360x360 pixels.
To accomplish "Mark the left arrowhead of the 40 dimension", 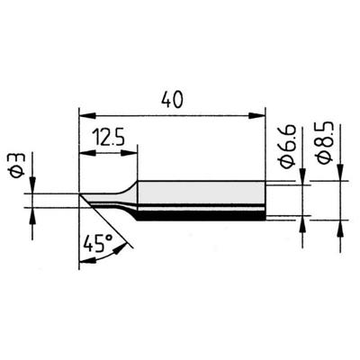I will (84, 114).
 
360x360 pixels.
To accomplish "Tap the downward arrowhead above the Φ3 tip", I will (33, 189).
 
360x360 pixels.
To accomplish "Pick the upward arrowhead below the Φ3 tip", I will (33, 213).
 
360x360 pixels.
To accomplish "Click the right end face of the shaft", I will (265, 200).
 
